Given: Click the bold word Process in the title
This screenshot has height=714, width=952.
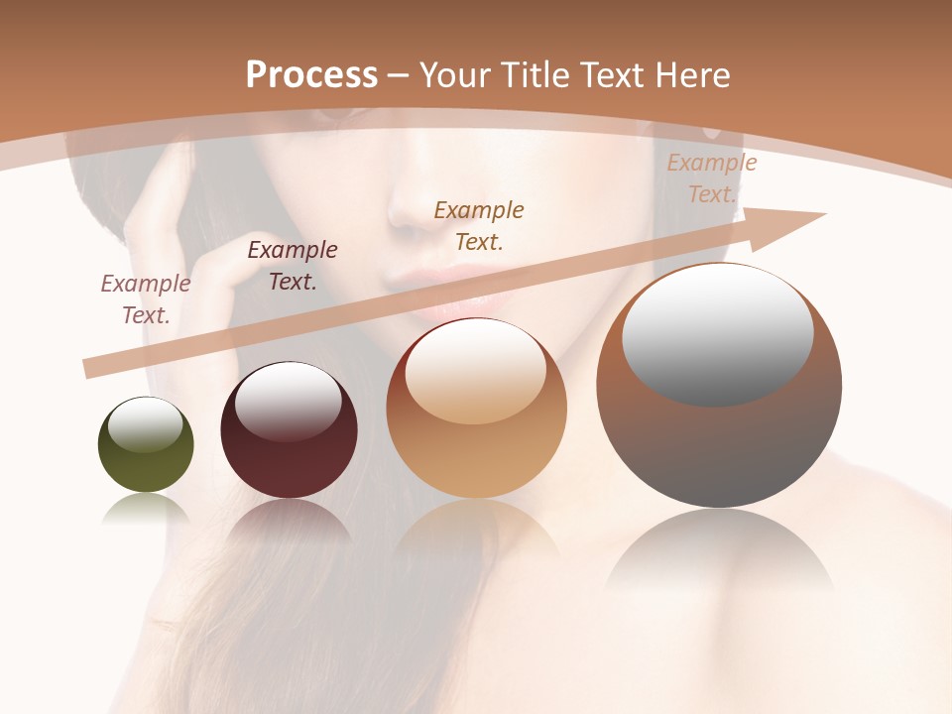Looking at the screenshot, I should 311,75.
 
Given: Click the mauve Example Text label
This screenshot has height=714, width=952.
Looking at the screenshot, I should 146,299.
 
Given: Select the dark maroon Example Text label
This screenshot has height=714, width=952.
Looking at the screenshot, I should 293,266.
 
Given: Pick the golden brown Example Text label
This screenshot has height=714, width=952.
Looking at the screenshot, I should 479,225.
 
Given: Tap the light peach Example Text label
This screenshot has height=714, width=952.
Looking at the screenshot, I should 711,178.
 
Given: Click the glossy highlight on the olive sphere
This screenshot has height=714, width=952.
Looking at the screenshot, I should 145,425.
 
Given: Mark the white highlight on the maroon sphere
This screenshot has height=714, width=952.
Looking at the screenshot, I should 288,402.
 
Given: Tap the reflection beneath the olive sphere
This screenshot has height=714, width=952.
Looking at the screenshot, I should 146,510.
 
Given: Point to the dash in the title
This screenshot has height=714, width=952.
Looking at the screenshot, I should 398,76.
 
